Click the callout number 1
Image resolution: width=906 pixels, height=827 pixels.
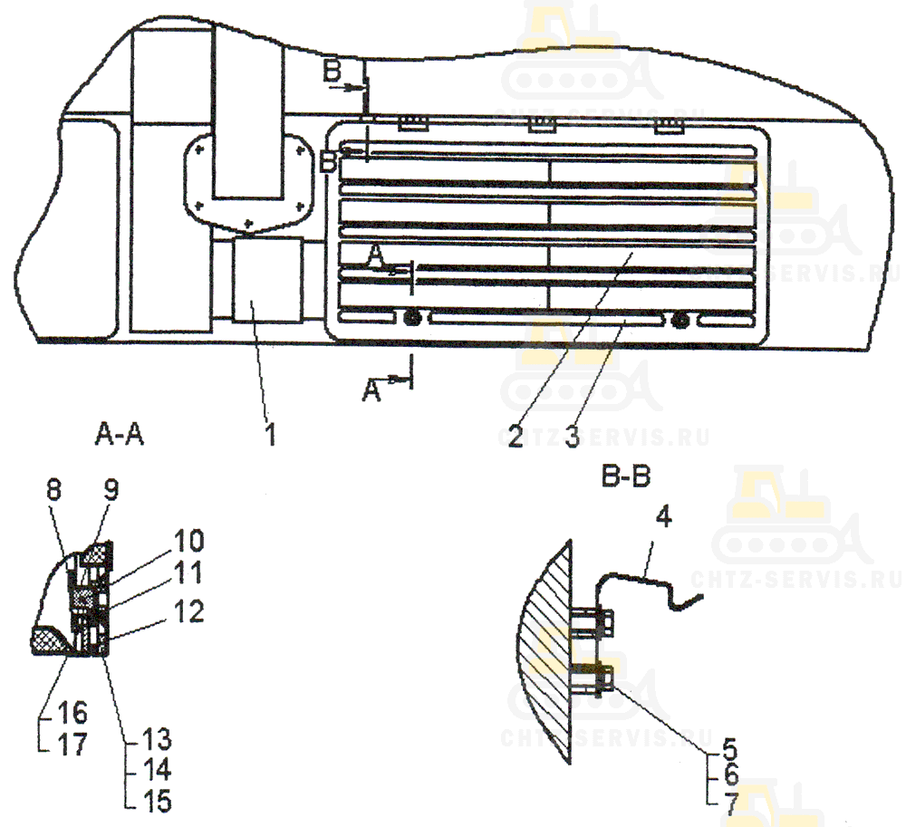click(x=270, y=434)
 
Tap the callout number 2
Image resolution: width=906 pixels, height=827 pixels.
click(x=516, y=436)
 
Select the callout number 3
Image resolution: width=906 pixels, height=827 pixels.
click(x=572, y=436)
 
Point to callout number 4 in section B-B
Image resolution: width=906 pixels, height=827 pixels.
click(x=664, y=516)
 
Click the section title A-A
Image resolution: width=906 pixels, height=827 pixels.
click(x=120, y=434)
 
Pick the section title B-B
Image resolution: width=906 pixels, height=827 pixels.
click(x=626, y=477)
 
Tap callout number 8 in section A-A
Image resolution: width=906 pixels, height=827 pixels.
click(x=53, y=491)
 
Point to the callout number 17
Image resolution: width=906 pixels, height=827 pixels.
click(x=72, y=745)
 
